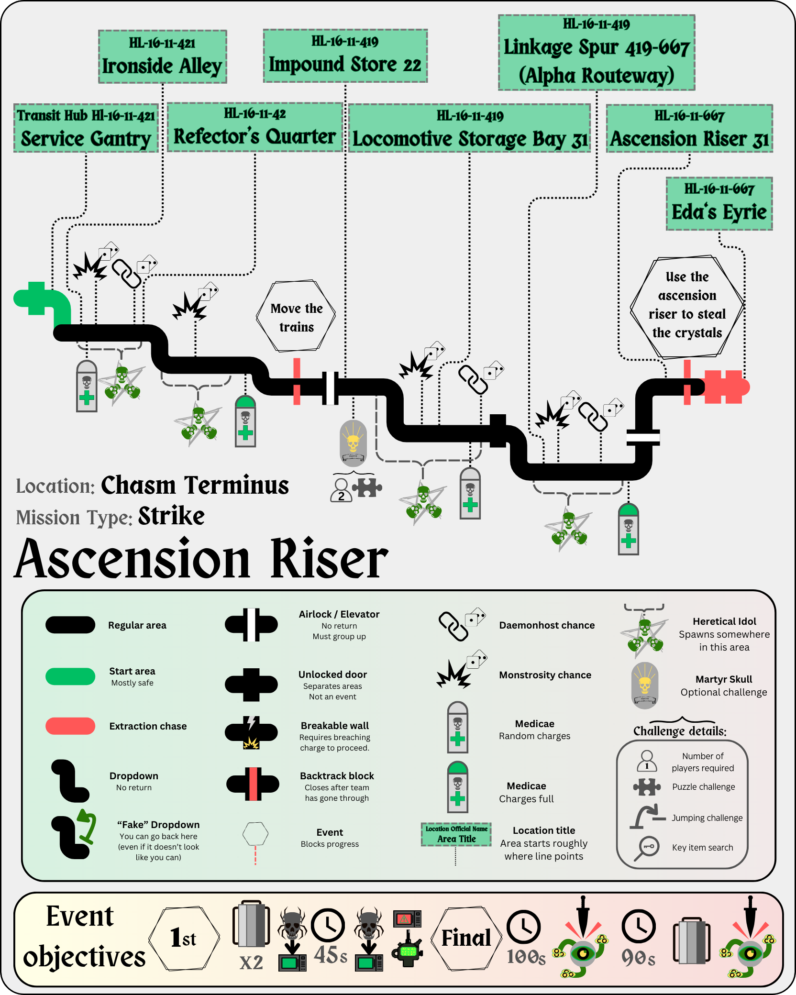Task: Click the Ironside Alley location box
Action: pyautogui.click(x=162, y=57)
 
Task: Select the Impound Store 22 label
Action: pyautogui.click(x=345, y=56)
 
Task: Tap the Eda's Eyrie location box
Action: pyautogui.click(x=719, y=204)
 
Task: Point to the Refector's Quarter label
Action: pyautogui.click(x=254, y=128)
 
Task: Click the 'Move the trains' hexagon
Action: pyautogui.click(x=296, y=317)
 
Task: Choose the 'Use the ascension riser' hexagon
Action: pyautogui.click(x=687, y=307)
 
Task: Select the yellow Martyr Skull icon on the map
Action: pyautogui.click(x=353, y=443)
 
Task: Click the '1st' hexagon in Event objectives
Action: pyautogui.click(x=184, y=939)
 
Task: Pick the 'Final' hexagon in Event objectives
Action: pyautogui.click(x=466, y=939)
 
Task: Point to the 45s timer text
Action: pyautogui.click(x=331, y=956)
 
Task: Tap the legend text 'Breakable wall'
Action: pyautogui.click(x=334, y=726)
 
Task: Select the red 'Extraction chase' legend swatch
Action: pyautogui.click(x=70, y=726)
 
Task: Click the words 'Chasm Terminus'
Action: pyautogui.click(x=195, y=486)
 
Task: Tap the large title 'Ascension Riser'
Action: pyautogui.click(x=201, y=559)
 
